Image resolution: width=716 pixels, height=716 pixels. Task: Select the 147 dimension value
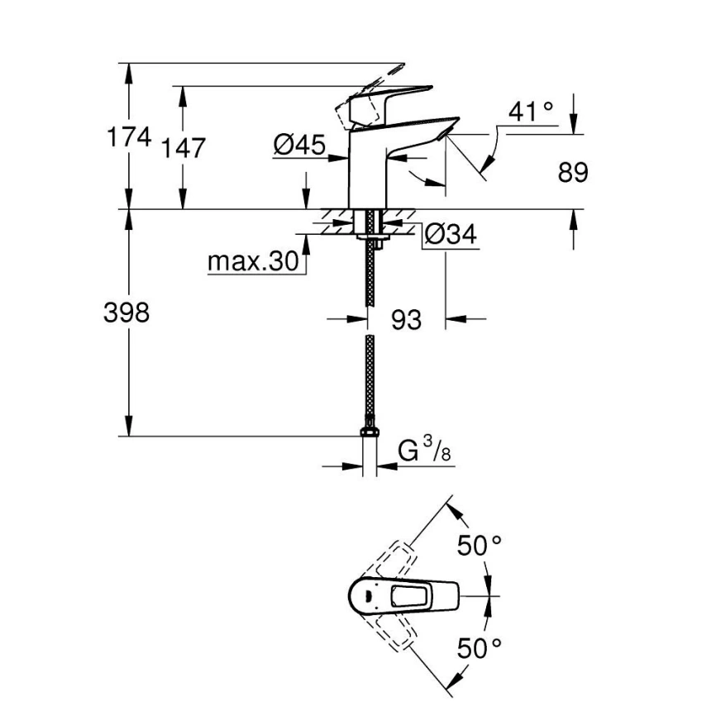(183, 148)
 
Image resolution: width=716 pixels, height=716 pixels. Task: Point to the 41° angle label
(530, 112)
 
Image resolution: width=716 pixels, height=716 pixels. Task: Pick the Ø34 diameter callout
(450, 235)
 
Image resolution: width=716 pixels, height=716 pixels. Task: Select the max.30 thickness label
(252, 262)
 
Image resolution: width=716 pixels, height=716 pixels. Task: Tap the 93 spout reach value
(406, 318)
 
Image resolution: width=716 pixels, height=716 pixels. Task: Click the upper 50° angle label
(480, 545)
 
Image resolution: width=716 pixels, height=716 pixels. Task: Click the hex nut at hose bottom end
(370, 432)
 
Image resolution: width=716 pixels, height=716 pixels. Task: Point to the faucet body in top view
(405, 594)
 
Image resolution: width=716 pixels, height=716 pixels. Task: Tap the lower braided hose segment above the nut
(370, 380)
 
